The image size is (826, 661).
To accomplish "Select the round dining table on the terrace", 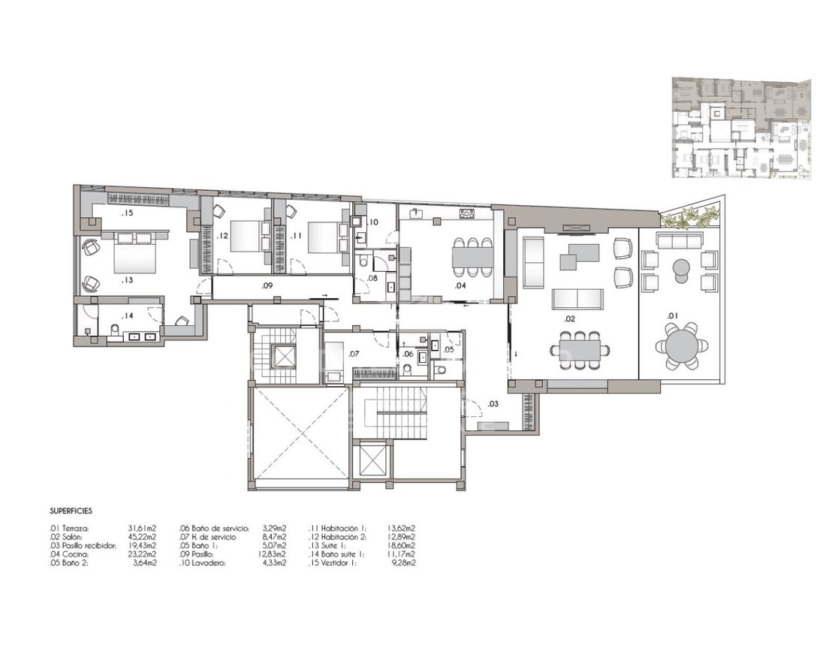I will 680,346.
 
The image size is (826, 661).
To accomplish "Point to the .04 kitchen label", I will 460,285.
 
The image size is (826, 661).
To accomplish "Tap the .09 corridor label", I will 267,285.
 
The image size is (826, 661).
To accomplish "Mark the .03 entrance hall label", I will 493,404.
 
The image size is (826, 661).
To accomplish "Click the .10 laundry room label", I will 373,222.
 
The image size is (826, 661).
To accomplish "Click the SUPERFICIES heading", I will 71,511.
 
